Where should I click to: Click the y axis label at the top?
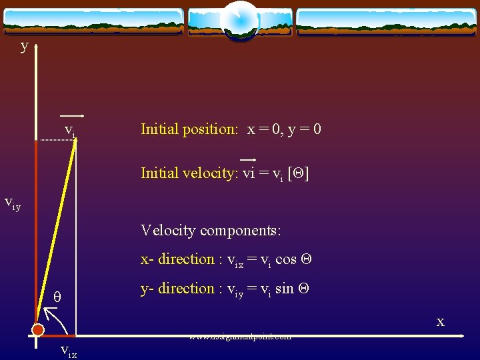tap(24, 46)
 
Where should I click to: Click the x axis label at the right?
tap(440, 322)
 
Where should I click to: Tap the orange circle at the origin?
tap(38, 330)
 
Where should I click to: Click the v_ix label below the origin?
tap(68, 351)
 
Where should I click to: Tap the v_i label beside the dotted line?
tap(70, 129)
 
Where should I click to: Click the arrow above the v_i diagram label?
tap(71, 115)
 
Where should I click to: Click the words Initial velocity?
tap(189, 173)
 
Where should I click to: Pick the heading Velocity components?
tap(211, 231)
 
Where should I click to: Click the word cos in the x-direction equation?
tap(285, 259)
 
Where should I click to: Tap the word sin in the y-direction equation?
tap(285, 289)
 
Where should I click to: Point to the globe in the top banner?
tap(239, 20)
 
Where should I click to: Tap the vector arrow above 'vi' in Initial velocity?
tap(248, 160)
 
